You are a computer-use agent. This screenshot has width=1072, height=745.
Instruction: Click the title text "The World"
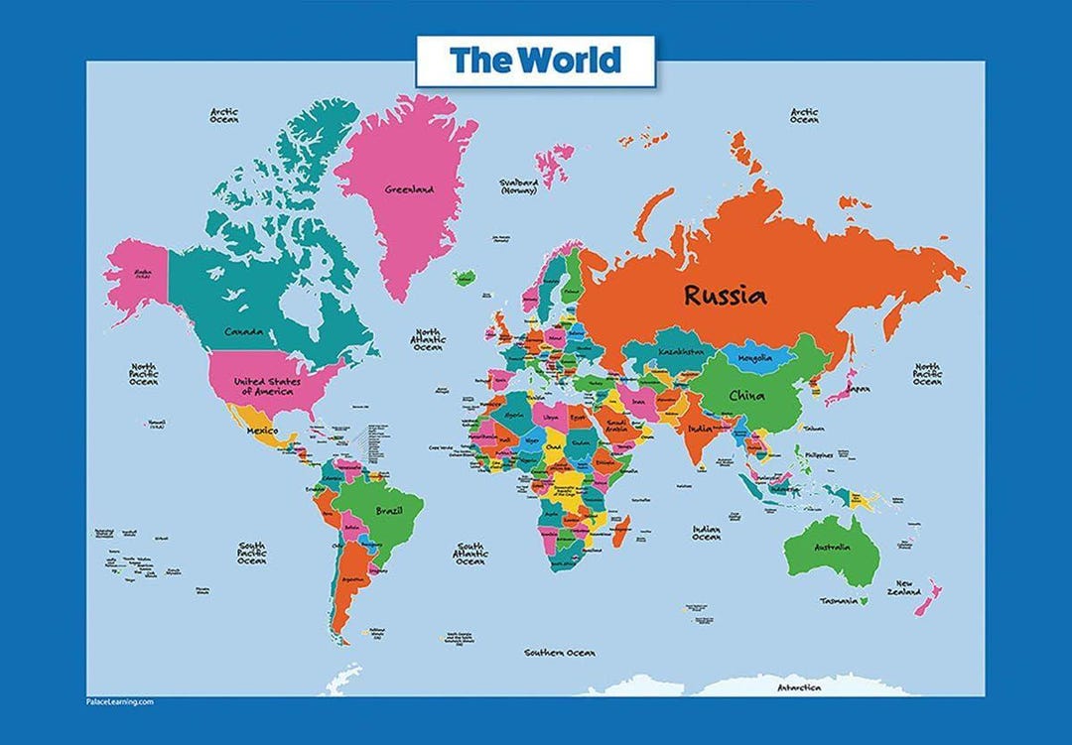(x=535, y=61)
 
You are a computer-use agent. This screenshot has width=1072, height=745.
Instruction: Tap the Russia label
(x=725, y=295)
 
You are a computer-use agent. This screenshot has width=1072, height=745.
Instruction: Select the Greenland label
(x=410, y=188)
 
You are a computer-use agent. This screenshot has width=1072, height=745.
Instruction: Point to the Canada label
(x=244, y=331)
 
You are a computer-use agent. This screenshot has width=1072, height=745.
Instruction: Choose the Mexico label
(x=262, y=432)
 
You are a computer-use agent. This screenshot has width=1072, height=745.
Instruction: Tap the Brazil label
(x=388, y=510)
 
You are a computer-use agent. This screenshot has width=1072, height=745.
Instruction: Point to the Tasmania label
(x=838, y=601)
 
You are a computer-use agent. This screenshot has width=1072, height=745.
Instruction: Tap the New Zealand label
(x=904, y=587)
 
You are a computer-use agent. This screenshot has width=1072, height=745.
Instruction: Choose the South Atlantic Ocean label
(x=469, y=553)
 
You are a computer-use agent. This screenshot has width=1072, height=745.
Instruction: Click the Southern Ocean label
(x=560, y=653)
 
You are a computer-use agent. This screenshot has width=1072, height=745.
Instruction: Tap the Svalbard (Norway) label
(x=519, y=186)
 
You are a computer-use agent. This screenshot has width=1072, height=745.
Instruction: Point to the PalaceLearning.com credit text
(x=119, y=701)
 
